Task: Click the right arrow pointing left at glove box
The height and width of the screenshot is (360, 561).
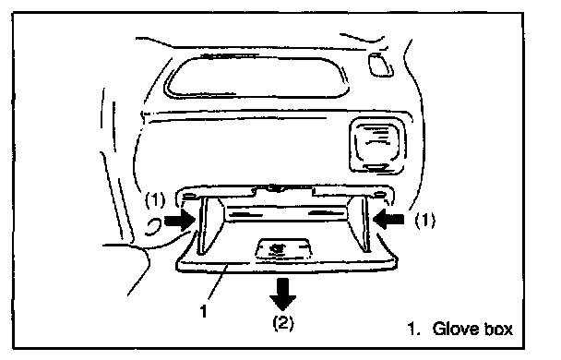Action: coord(388,218)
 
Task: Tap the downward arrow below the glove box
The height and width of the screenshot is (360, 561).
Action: coord(282,294)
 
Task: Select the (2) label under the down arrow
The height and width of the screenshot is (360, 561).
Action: coord(283,323)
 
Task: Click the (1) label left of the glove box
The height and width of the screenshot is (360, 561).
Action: coord(155,200)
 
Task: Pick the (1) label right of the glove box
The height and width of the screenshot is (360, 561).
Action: coord(425,220)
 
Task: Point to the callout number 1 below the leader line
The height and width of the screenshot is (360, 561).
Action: coord(204,311)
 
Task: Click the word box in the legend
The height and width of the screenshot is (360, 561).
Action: coord(498,329)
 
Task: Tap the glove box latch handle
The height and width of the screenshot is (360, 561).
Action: coord(282,248)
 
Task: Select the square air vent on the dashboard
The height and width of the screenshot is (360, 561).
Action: coord(377,145)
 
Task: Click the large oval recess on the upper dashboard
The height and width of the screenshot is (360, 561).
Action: coord(257,77)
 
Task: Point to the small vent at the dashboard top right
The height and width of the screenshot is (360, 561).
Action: coord(380,65)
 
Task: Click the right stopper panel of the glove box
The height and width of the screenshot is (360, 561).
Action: coord(359,224)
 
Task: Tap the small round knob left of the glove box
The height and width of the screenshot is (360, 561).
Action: coord(153,227)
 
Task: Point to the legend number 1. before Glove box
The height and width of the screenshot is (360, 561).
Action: coord(413,329)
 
